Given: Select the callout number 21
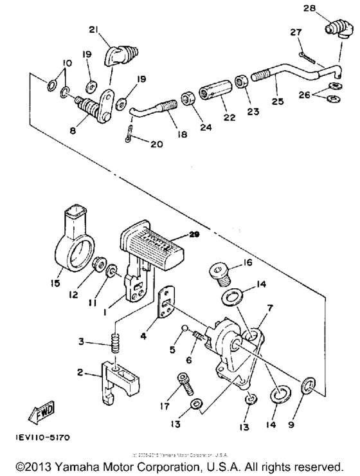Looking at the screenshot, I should [93, 30].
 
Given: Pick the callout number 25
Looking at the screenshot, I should [277, 102].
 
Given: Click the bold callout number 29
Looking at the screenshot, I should [195, 235].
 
